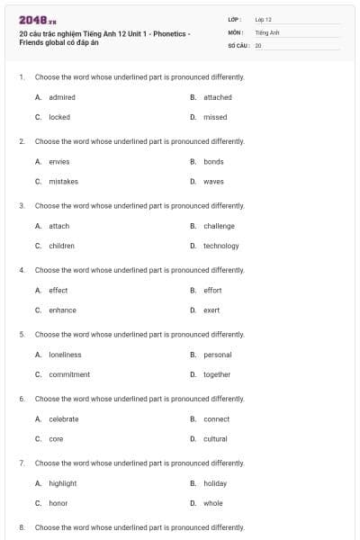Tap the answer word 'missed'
215,117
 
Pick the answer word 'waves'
213,182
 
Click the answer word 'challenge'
219,226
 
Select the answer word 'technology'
221,246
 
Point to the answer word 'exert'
211,310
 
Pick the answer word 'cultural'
215,439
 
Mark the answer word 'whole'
212,503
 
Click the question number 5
21,335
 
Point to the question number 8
21,527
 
